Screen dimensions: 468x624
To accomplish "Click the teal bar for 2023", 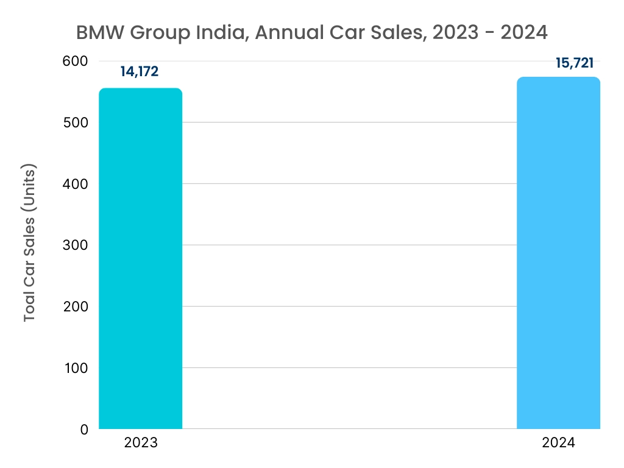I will click(x=140, y=259).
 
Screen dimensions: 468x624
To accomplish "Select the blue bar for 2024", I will click(x=558, y=253).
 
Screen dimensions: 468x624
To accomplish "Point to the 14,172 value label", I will click(x=140, y=72).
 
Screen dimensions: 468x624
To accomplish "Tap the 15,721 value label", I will click(x=575, y=63).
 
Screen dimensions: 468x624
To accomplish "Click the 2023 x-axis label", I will click(x=141, y=443).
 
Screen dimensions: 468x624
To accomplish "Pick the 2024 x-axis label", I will click(x=558, y=443).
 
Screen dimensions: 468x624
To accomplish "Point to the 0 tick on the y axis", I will click(x=84, y=429).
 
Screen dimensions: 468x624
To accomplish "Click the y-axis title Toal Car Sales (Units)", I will click(x=30, y=243).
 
